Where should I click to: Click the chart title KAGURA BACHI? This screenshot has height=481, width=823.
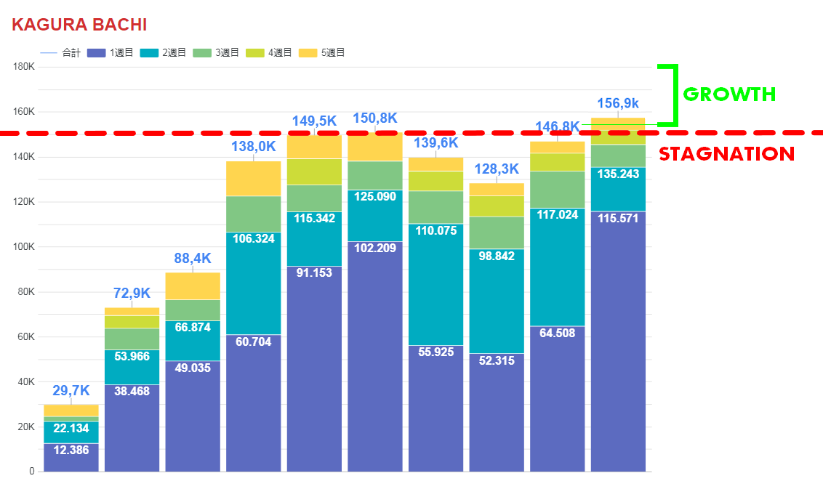[79, 25]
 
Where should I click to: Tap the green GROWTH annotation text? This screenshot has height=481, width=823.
[729, 94]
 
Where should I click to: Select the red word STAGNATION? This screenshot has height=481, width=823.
[726, 154]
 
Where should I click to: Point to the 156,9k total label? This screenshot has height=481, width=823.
[618, 103]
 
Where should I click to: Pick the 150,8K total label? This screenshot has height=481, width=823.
[375, 118]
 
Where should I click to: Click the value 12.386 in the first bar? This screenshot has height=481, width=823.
[71, 450]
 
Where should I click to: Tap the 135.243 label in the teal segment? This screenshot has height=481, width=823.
[618, 174]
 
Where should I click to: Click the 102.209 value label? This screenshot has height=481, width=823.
[375, 248]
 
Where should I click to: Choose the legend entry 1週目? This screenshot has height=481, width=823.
[110, 53]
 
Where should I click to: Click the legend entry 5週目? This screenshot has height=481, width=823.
[321, 53]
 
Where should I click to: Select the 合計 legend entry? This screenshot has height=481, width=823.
[61, 53]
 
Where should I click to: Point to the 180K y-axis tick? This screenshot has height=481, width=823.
[24, 67]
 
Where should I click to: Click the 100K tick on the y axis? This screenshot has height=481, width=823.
[24, 247]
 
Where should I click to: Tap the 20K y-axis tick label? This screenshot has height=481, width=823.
[26, 427]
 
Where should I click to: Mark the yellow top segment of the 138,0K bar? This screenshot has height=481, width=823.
[254, 178]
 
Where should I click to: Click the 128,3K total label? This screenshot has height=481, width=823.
[497, 169]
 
